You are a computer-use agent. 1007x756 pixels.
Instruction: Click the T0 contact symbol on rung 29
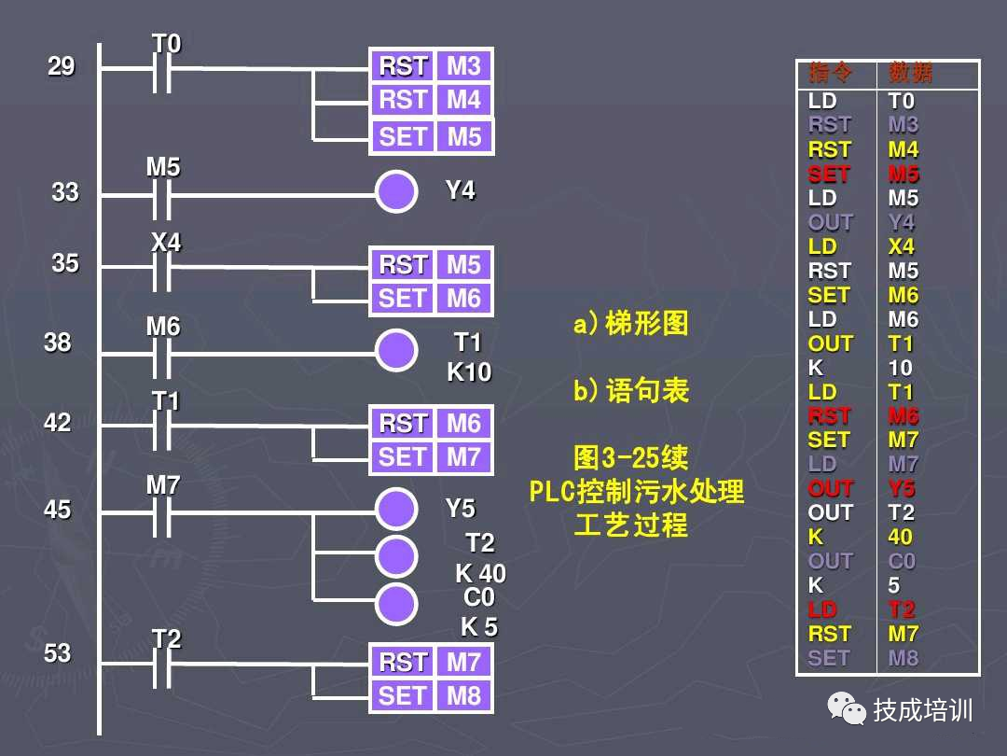[x=162, y=68]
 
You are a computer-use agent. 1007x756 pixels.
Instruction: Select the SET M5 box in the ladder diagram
[x=431, y=136]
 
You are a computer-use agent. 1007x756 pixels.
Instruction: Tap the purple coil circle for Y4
[x=396, y=191]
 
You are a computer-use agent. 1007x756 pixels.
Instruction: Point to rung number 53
[x=58, y=653]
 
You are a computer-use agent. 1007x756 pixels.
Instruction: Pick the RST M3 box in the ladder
[x=431, y=66]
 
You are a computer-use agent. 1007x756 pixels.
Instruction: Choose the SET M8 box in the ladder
[x=431, y=695]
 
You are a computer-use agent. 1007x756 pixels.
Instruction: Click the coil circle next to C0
[x=396, y=603]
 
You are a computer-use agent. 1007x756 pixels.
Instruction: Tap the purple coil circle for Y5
[x=396, y=510]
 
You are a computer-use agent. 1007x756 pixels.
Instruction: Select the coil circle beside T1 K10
[x=396, y=350]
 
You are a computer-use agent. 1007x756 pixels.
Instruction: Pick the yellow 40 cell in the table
[x=901, y=537]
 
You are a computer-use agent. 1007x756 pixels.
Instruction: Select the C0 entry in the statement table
[x=902, y=561]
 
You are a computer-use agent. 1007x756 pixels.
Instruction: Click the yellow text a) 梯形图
[x=631, y=325]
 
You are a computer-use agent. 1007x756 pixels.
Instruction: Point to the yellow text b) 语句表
[x=631, y=390]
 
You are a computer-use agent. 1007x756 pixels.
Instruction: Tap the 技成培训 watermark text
[x=922, y=710]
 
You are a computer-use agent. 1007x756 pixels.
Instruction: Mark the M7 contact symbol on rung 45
[x=162, y=511]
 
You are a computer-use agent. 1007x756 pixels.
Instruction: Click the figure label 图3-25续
[x=631, y=458]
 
